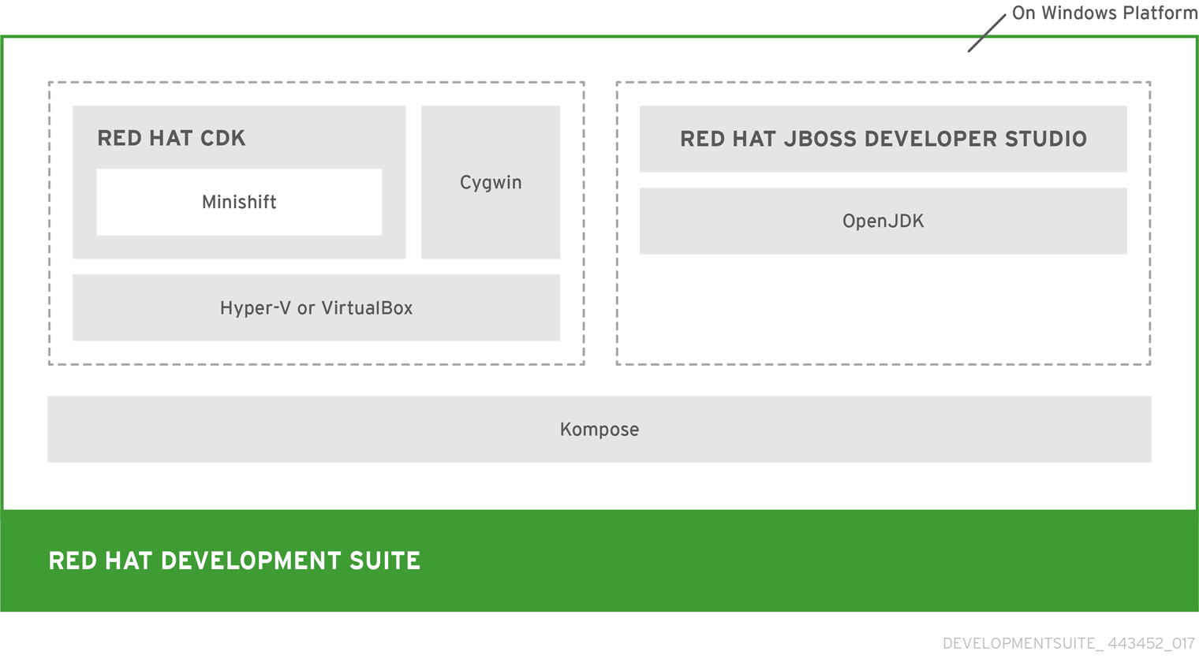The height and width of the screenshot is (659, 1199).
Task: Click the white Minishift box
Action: click(239, 202)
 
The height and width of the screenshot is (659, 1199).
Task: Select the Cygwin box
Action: click(491, 182)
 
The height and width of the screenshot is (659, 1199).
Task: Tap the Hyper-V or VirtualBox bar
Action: click(316, 307)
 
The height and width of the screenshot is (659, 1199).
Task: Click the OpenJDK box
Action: click(883, 221)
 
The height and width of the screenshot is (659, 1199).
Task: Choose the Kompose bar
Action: click(599, 429)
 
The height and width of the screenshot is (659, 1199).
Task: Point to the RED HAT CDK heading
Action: click(171, 138)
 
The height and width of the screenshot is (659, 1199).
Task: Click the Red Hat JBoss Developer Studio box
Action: click(883, 139)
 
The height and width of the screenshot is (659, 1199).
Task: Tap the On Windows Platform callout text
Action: click(1104, 13)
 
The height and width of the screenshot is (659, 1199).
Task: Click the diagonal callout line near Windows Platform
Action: click(987, 33)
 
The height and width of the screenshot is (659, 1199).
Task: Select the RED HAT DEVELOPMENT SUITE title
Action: click(234, 560)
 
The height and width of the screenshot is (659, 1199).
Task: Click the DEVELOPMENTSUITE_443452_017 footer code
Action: click(1068, 643)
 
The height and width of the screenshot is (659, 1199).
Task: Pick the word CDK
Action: click(222, 138)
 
